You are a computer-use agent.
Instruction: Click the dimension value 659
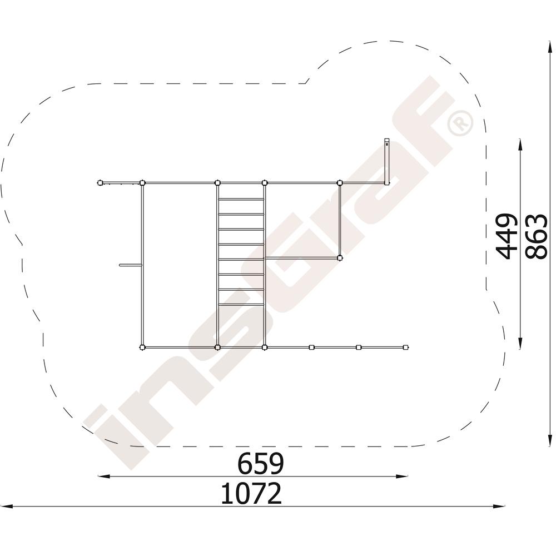point(261,463)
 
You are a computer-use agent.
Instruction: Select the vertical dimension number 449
point(505,236)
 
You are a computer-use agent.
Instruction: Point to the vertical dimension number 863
point(536,236)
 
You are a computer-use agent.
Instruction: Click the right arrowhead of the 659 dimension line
point(402,476)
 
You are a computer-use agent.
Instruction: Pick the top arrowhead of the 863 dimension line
point(549,48)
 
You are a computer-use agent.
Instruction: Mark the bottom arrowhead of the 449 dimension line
point(520,342)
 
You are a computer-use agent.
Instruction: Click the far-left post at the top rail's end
point(100,183)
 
